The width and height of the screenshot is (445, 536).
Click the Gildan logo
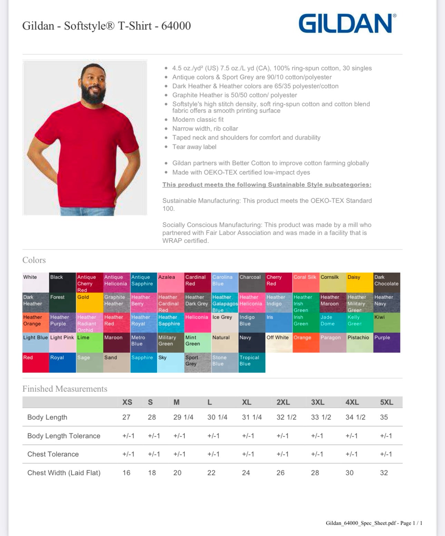point(347,23)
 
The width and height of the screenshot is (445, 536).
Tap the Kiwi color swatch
point(387,323)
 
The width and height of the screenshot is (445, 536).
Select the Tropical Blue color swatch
point(251,363)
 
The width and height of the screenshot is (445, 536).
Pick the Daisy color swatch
point(359,282)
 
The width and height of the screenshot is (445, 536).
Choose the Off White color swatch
point(279,343)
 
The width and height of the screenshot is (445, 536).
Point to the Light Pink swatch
point(62,343)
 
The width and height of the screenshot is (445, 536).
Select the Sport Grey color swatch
point(198,363)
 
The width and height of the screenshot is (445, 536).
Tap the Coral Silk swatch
point(306,282)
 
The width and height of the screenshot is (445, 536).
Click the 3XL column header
point(317,402)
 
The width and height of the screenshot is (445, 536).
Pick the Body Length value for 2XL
point(286,417)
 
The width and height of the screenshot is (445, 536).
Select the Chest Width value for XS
point(126,473)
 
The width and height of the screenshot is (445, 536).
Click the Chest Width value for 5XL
point(384,473)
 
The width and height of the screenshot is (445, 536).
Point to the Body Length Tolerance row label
point(64,436)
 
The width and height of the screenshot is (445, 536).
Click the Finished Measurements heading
point(65,389)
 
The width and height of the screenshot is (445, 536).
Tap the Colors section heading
point(34,260)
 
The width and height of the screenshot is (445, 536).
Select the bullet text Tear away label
point(194,147)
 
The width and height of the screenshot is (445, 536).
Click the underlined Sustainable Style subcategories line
point(267,185)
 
